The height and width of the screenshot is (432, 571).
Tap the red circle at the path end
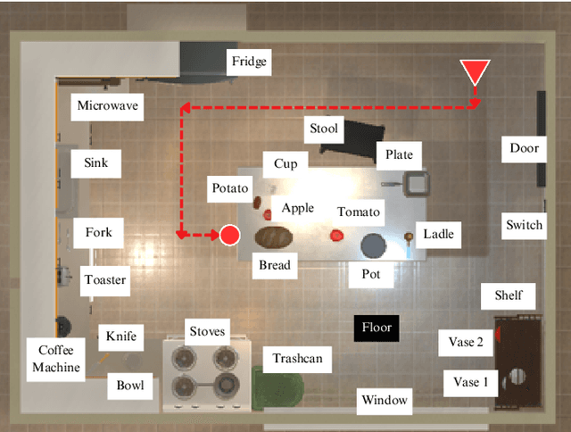click(230, 235)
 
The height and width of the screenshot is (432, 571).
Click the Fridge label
click(249, 62)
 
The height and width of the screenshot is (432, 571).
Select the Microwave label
click(108, 106)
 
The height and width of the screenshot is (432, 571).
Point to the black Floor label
click(377, 328)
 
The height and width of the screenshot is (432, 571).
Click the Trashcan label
click(297, 359)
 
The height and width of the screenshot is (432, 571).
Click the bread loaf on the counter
click(274, 237)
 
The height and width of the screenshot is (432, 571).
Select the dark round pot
click(373, 244)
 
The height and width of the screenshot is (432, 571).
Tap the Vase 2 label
click(467, 342)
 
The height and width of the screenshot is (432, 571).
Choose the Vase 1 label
click(472, 382)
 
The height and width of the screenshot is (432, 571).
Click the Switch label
click(524, 224)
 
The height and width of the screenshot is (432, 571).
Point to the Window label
click(385, 401)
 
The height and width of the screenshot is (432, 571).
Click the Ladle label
click(438, 234)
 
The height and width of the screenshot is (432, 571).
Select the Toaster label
click(105, 279)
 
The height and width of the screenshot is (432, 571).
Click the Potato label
click(231, 188)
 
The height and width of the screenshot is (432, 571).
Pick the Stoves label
click(207, 333)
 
